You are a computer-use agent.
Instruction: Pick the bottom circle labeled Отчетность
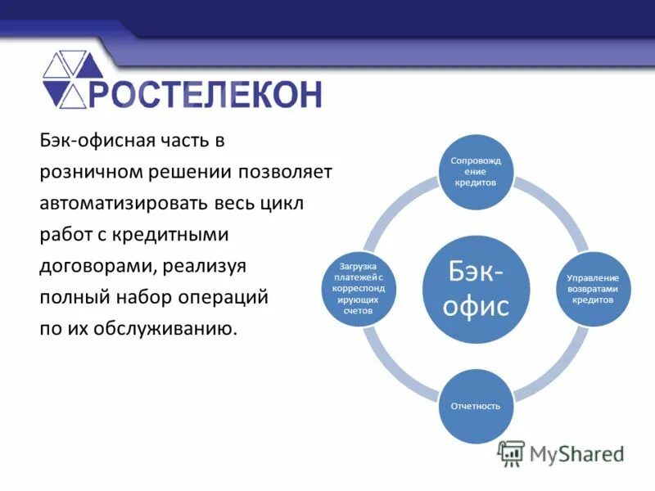coord(476,406)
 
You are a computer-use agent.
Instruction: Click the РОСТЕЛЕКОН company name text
coord(205,93)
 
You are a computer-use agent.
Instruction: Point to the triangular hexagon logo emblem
coord(73,79)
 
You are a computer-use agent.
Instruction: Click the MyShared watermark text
coord(577,453)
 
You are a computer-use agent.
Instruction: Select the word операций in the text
coord(224,297)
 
